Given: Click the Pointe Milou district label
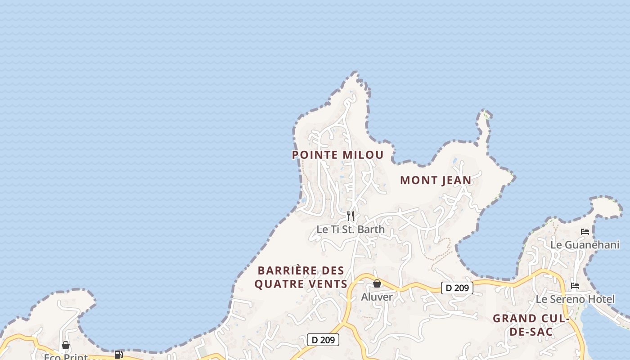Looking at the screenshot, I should [337, 155].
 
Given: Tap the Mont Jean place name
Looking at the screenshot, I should [436, 180].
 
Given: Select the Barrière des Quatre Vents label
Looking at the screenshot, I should [301, 277].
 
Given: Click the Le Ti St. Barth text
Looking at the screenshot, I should [351, 229].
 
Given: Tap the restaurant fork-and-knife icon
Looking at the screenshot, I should [351, 216].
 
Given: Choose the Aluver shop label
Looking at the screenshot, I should [377, 297].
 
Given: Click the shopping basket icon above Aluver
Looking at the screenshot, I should [377, 283].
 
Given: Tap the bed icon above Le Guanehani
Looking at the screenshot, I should [585, 232].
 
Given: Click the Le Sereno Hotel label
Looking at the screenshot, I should [575, 299].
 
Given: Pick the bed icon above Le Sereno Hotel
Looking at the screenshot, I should [575, 286].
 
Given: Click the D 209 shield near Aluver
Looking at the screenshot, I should [457, 288].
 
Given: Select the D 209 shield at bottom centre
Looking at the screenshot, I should [323, 340].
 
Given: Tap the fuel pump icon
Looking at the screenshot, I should [118, 355].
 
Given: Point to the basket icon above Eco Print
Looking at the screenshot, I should [66, 345].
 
